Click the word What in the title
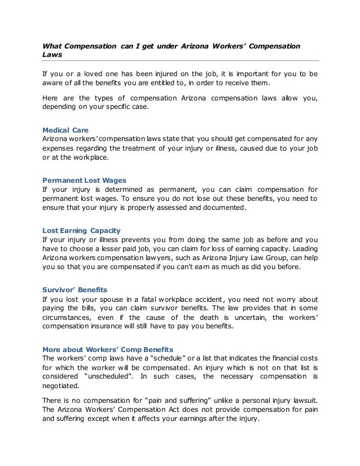click(54, 45)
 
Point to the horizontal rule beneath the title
click(181, 60)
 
